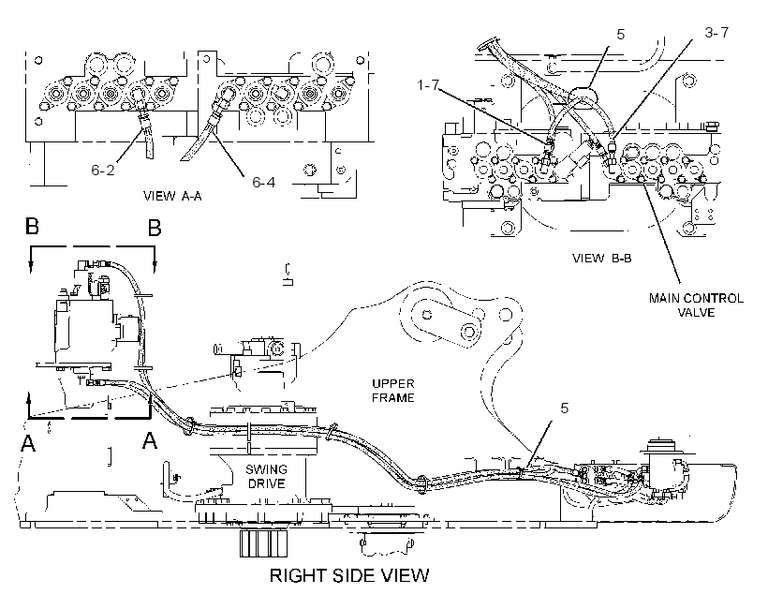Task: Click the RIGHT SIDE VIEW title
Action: [x=349, y=575]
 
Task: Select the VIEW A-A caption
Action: [x=172, y=196]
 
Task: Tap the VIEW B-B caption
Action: [x=602, y=258]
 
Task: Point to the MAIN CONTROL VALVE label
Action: [x=696, y=304]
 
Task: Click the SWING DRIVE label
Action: [x=266, y=476]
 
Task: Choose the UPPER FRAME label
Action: [x=392, y=391]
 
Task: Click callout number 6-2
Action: [x=103, y=170]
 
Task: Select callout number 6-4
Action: [x=263, y=183]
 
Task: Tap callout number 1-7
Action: [x=428, y=85]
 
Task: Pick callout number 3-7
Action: [x=716, y=33]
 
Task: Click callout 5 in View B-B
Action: [x=621, y=35]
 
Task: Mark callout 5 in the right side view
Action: [x=564, y=408]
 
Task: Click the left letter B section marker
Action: [x=33, y=227]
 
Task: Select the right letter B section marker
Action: [x=155, y=228]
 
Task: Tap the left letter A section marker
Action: [x=28, y=442]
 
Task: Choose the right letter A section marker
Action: [x=150, y=440]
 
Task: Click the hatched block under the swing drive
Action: [x=263, y=543]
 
